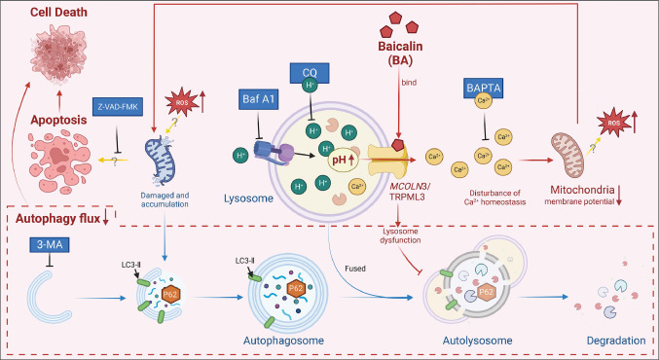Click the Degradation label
pos(610,343)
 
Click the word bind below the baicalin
pos(409,83)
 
